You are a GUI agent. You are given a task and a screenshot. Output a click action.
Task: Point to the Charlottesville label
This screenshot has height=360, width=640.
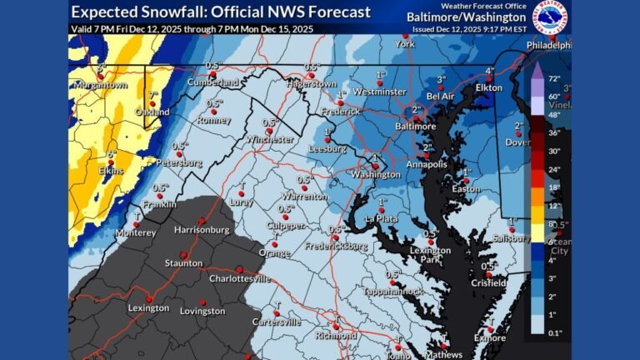[x=240, y=279]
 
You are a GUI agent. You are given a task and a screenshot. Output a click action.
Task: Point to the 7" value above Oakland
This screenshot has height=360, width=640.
[x=152, y=94]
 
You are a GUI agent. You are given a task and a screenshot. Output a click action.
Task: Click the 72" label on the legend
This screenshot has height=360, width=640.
[x=553, y=87]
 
